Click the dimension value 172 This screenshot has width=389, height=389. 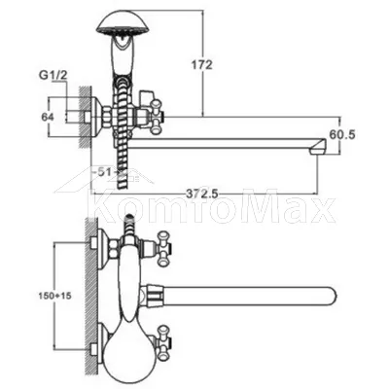(201, 65)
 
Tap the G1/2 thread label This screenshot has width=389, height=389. (53, 76)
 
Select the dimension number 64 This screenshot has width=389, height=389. (48, 117)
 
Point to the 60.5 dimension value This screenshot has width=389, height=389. (342, 134)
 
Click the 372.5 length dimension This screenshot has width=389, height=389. (202, 194)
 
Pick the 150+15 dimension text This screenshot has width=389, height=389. (56, 296)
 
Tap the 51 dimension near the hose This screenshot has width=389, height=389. (106, 172)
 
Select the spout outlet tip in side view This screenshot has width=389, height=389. (318, 148)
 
